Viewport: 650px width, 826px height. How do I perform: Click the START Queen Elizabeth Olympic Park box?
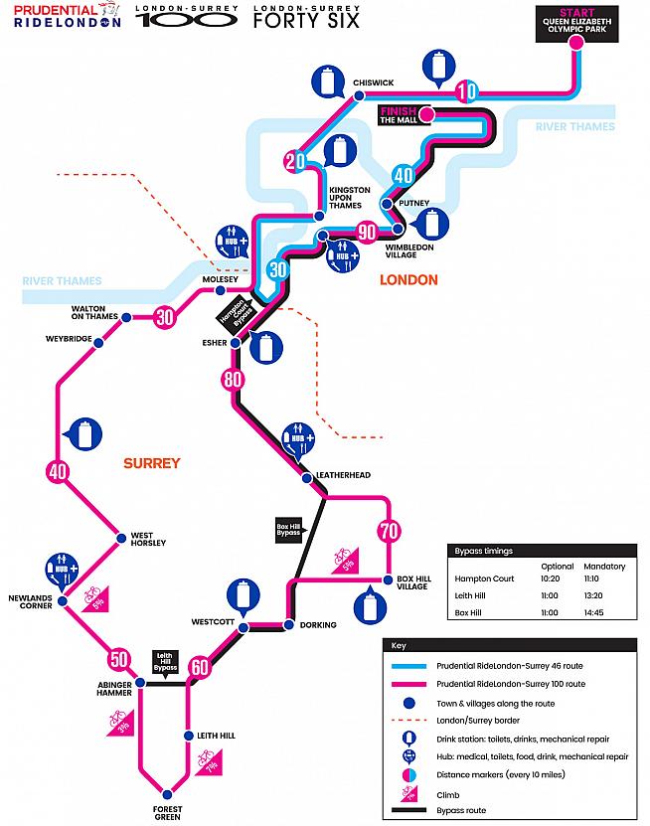(581, 25)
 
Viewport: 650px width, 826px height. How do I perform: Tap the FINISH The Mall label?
(400, 114)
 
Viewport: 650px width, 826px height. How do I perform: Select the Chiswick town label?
(374, 83)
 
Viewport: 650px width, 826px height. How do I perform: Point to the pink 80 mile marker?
(234, 379)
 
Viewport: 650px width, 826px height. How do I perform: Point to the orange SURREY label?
(152, 463)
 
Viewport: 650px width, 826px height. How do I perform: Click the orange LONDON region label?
(408, 280)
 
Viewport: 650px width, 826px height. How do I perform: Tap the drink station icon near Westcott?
(240, 594)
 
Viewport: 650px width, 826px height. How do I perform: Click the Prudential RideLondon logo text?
(62, 17)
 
